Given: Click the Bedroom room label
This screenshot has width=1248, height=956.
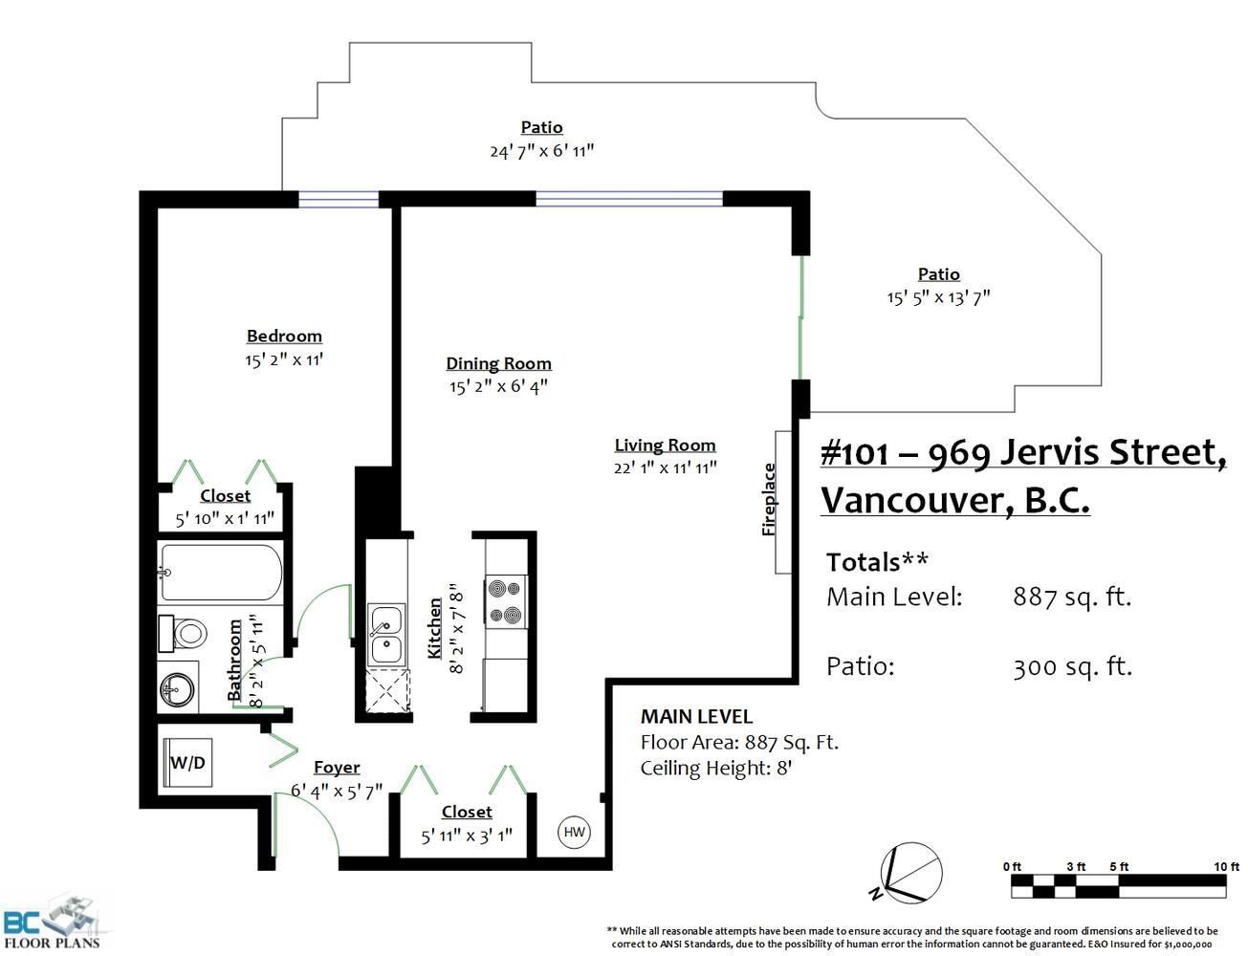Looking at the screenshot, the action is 284,336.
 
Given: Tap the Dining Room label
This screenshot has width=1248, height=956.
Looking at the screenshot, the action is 498,363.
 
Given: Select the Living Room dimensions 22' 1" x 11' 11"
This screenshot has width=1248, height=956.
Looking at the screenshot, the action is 665,467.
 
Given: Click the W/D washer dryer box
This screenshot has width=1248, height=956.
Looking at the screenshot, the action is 187,763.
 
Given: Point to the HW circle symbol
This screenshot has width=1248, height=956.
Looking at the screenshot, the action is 575,832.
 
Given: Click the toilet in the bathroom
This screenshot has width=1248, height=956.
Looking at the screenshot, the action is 183,634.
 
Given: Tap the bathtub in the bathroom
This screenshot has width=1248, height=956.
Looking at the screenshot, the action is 221,573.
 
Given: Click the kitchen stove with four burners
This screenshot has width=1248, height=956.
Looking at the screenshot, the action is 505,601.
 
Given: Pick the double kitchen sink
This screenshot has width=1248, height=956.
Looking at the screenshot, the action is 386,635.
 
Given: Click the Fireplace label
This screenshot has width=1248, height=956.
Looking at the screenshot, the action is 769,500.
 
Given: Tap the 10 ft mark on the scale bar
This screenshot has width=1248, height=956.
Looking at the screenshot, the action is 1226,866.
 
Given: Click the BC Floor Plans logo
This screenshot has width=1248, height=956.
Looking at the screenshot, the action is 52,923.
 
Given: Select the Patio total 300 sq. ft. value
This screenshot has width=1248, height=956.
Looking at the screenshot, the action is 1072,667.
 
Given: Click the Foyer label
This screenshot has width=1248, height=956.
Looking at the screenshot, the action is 338,768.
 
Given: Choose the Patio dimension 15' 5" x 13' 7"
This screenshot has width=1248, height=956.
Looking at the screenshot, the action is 938,298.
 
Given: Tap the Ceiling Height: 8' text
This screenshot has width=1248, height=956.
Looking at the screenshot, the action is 716,769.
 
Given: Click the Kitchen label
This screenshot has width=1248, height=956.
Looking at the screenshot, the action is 435,628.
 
